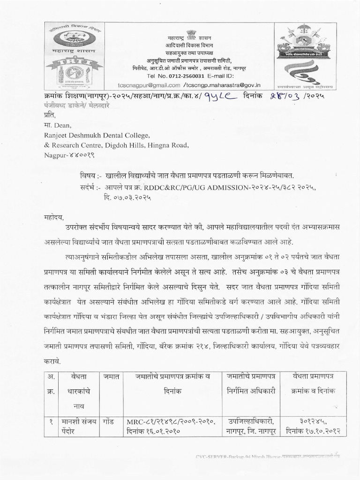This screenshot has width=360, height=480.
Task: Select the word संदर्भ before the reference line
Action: pos(85,187)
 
